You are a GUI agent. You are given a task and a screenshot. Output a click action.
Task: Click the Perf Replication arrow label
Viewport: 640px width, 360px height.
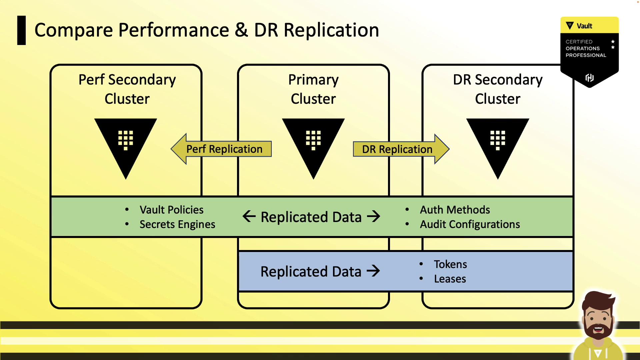[x=224, y=149]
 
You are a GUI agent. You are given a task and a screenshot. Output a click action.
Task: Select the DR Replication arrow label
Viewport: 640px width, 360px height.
[x=397, y=149]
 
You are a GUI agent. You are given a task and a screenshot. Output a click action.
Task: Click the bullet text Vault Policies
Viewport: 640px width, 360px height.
[x=171, y=210]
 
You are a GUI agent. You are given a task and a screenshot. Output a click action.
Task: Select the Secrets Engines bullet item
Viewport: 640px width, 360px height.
[x=177, y=224]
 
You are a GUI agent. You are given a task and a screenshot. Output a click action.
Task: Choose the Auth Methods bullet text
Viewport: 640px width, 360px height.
[x=455, y=210]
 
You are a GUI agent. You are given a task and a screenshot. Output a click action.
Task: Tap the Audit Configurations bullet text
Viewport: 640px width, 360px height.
[x=470, y=224]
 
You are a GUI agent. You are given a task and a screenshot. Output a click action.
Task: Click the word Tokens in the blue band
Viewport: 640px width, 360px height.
[x=450, y=264]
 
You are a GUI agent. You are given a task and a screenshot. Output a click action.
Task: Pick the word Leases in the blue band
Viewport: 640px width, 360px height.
[x=450, y=279]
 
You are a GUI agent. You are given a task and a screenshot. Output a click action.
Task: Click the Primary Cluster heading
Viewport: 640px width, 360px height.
[x=313, y=89]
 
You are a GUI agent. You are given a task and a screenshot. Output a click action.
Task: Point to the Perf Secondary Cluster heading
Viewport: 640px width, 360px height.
[x=127, y=89]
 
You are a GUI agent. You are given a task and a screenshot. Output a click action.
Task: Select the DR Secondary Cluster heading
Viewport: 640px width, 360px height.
[x=498, y=89]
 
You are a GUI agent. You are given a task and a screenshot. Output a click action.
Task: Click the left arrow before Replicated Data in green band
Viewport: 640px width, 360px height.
[x=249, y=216]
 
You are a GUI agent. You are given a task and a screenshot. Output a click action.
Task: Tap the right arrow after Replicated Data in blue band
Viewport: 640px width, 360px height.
[x=373, y=271]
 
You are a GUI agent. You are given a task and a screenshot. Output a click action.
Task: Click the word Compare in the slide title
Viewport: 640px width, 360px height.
[x=74, y=30]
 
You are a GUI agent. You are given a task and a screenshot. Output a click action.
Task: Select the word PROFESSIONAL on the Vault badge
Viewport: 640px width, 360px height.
[x=586, y=55]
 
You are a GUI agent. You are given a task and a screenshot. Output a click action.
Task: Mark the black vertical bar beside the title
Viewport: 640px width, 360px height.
[x=22, y=30]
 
